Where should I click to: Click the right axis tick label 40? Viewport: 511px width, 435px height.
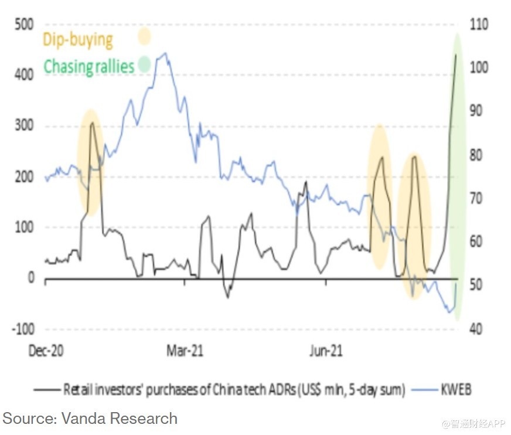(x=476, y=328)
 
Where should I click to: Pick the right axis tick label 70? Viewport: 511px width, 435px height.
(x=476, y=198)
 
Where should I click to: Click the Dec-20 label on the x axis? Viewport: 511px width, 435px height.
(x=46, y=352)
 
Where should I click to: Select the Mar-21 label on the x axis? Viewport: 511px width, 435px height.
(x=185, y=352)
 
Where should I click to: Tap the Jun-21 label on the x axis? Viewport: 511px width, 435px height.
(x=325, y=352)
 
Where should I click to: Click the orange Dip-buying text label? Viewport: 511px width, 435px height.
(x=77, y=40)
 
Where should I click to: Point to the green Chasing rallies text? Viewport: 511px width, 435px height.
(x=89, y=66)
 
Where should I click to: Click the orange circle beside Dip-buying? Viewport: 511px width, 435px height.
(x=144, y=37)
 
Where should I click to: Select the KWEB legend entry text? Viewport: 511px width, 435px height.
(x=455, y=389)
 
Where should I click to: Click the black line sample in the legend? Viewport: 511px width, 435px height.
(x=47, y=389)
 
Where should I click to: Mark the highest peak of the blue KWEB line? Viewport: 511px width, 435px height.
(x=166, y=53)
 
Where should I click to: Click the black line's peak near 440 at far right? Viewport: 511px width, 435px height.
(x=456, y=55)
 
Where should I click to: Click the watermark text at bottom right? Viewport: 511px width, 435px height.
(x=473, y=422)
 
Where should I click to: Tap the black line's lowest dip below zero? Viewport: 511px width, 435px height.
(x=228, y=297)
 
